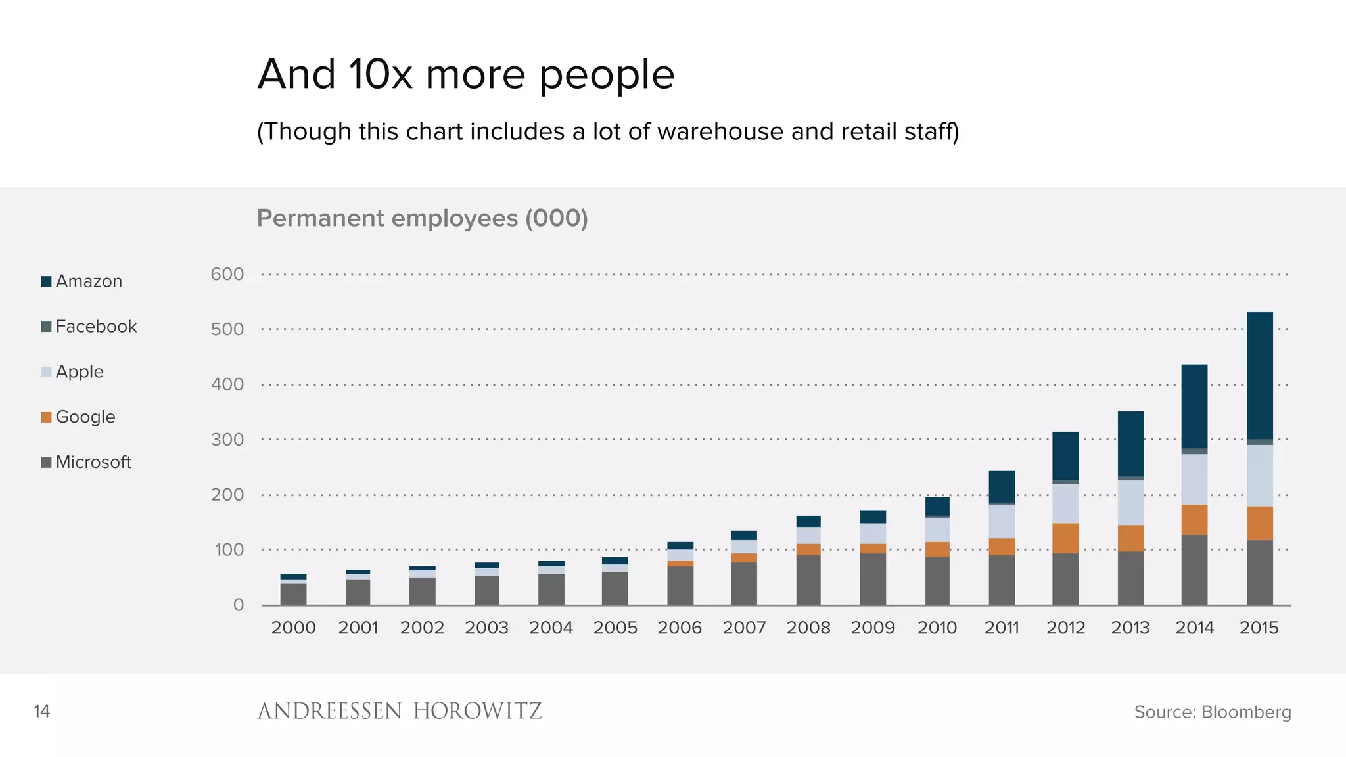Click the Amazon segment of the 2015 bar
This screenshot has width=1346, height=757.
point(1259,375)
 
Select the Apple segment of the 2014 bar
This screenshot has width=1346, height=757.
point(1194,479)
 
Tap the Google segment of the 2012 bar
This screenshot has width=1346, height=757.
point(1065,538)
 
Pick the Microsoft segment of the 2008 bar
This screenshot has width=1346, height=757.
point(808,580)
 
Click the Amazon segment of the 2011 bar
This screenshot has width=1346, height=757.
point(1002,486)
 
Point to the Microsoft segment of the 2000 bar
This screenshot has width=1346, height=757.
point(293,593)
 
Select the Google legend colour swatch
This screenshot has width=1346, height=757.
point(46,417)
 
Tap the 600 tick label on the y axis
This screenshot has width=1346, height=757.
point(227,274)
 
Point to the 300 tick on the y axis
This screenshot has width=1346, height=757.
point(227,439)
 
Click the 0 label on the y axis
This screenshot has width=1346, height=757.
point(239,605)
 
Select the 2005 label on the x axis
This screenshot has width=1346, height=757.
point(615,628)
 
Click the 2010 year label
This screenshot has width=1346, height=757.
point(937,628)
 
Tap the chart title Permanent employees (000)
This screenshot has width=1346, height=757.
point(422,218)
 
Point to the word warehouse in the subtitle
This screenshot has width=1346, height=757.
point(720,131)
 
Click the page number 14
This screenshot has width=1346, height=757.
point(41,712)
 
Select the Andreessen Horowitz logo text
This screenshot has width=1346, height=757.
point(399,711)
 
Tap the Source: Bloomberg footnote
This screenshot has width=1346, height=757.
point(1212,712)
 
